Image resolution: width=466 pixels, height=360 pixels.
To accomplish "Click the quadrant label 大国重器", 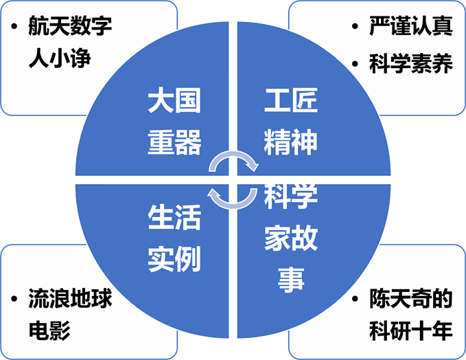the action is click(x=174, y=122).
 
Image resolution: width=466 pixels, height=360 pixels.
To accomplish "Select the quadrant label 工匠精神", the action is click(x=290, y=122).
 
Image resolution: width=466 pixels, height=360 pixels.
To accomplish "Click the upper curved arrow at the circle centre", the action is click(x=234, y=160).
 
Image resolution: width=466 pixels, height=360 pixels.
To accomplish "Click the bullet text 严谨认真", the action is click(x=411, y=27).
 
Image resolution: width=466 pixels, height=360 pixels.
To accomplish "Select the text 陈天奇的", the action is click(x=411, y=300).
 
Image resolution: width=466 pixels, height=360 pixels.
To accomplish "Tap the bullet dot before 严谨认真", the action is click(x=354, y=28).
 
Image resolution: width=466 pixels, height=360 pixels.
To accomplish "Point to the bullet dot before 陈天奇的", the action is click(x=354, y=300).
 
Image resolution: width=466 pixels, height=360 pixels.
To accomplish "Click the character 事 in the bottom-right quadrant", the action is click(x=290, y=279).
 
